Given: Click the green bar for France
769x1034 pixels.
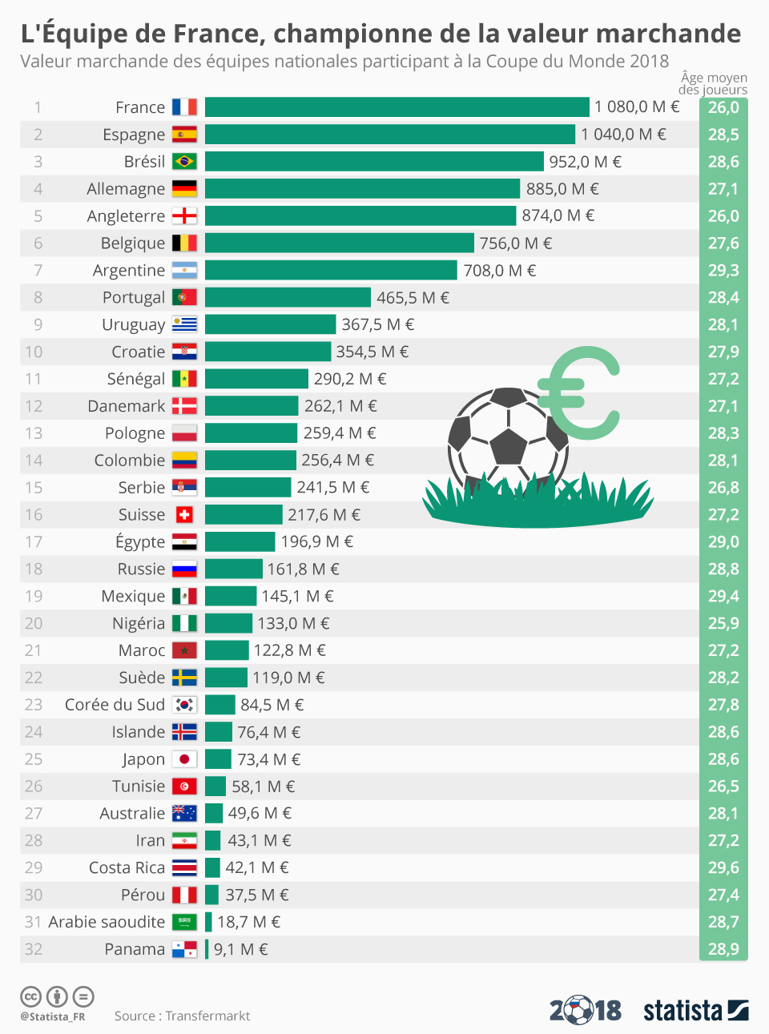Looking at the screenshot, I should [x=397, y=107].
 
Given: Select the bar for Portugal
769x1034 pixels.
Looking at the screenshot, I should [x=288, y=297].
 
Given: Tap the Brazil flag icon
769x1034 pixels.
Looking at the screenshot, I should [x=184, y=162].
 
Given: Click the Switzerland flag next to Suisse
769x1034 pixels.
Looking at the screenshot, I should [x=184, y=514].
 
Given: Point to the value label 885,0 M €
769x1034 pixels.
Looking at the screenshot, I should [x=562, y=189].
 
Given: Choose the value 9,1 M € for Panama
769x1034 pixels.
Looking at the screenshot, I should [x=240, y=949].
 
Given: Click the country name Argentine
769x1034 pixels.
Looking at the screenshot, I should [x=129, y=271].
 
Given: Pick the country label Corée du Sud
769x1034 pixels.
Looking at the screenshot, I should [x=115, y=705].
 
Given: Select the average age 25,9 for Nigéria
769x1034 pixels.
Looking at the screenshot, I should [x=723, y=623].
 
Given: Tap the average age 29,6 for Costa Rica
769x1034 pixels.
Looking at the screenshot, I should [x=723, y=867].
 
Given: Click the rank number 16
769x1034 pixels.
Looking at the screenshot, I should [x=33, y=514].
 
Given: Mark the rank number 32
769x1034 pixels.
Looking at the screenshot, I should [x=33, y=949].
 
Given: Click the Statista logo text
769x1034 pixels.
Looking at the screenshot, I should [x=682, y=1010].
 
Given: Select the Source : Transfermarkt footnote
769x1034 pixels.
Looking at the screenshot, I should [x=182, y=1016].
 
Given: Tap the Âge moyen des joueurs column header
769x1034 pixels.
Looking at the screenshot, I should [x=713, y=83].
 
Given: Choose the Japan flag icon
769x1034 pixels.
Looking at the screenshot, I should [x=184, y=759].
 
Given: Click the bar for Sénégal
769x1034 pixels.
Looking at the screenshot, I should [x=256, y=379].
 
